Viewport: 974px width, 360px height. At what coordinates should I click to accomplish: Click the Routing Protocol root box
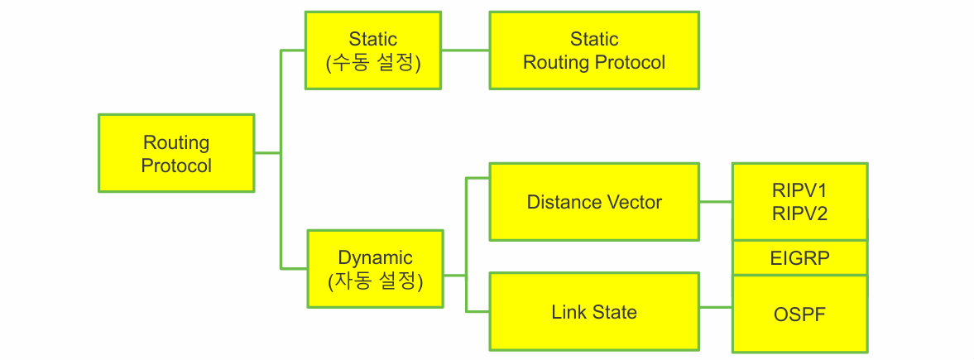(x=176, y=153)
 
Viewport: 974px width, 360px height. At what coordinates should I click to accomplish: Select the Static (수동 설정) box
(x=373, y=50)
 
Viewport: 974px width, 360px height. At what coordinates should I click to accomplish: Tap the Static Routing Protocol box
(x=594, y=50)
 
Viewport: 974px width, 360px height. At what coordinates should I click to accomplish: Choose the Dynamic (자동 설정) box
(x=375, y=269)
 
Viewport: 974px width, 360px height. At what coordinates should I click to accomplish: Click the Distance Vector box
(x=594, y=202)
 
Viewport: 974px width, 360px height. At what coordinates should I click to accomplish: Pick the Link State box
(x=594, y=311)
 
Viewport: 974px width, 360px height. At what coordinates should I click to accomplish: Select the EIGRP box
(x=799, y=258)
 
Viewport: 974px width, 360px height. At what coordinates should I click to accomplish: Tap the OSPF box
(x=799, y=314)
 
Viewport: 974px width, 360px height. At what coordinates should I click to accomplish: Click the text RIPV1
(x=799, y=190)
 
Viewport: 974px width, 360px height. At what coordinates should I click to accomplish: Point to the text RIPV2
(x=799, y=213)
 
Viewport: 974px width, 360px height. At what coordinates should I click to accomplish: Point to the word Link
(x=568, y=311)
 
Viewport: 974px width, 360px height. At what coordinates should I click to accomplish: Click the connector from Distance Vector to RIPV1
(x=716, y=202)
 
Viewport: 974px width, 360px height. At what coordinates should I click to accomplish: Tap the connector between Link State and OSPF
(x=716, y=309)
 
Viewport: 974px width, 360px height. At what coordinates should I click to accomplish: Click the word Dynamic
(x=375, y=257)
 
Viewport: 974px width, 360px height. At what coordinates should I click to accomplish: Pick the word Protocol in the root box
(x=176, y=166)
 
